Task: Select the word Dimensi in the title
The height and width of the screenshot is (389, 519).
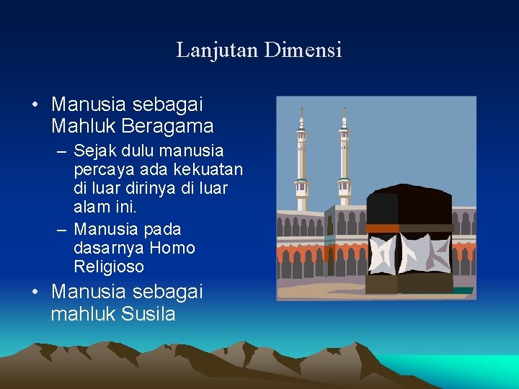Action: [x=303, y=50]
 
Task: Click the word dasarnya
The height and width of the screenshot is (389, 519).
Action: [x=108, y=249]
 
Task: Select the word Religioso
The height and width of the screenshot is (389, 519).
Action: [x=109, y=267]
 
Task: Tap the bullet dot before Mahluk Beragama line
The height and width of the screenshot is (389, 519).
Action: [x=35, y=105]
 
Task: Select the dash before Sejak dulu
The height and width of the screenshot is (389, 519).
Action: [x=61, y=152]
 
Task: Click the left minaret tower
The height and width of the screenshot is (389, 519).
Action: [x=301, y=158]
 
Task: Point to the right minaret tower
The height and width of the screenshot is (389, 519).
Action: [x=345, y=158]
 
